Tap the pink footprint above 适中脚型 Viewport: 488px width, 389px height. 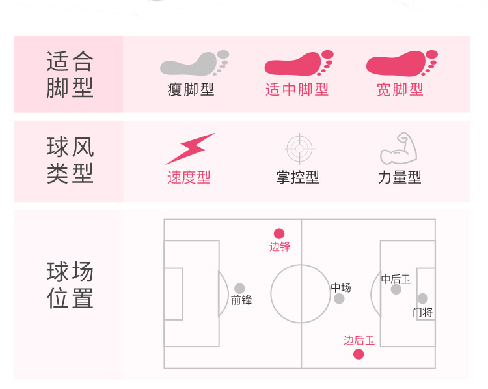click(298, 64)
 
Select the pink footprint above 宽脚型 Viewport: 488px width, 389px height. click(400, 64)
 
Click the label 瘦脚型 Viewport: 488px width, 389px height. click(191, 90)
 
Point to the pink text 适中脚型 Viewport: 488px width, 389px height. click(297, 90)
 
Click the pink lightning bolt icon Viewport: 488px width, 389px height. click(189, 148)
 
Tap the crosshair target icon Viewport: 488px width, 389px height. click(299, 148)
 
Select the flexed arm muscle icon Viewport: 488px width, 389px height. click(398, 149)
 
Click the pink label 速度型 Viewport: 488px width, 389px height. click(189, 177)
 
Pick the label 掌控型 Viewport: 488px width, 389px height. click(297, 177)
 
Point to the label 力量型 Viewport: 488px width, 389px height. click(400, 177)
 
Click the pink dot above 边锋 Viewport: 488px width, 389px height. click(279, 233)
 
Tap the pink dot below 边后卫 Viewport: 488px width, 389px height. click(359, 354)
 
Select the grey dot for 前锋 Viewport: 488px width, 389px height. click(239, 288)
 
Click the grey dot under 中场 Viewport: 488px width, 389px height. click(339, 298)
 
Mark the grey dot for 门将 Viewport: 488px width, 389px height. click(422, 298)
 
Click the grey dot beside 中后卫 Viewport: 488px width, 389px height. click(396, 289)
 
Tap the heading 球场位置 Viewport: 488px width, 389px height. click(70, 285)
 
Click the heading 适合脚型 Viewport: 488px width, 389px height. click(70, 74)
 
